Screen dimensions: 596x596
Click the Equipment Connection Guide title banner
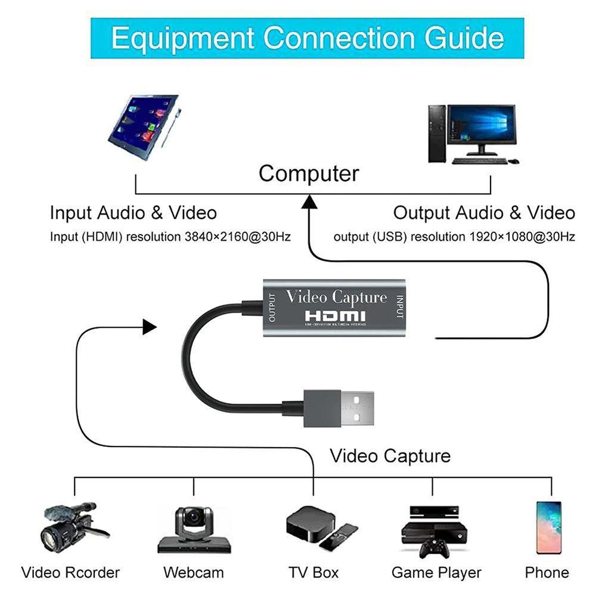[x=307, y=38]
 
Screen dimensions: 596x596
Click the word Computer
[x=309, y=173]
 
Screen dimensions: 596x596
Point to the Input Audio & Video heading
[x=133, y=213]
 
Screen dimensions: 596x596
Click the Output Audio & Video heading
[x=484, y=213]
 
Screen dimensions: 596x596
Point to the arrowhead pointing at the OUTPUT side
[x=149, y=326]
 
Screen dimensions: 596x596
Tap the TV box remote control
[x=337, y=536]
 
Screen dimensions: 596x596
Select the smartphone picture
[x=548, y=527]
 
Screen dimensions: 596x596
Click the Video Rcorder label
[x=70, y=573]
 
